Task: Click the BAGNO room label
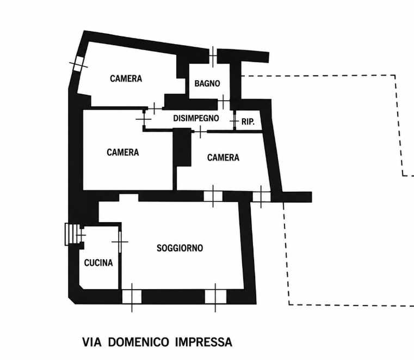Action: click(x=207, y=83)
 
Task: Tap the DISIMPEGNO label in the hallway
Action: click(x=196, y=118)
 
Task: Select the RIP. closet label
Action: click(x=248, y=121)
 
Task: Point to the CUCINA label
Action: click(x=98, y=263)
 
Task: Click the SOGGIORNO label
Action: click(x=180, y=248)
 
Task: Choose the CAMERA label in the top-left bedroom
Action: click(x=126, y=78)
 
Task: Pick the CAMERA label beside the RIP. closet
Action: click(x=223, y=157)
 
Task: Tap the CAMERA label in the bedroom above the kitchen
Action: click(x=123, y=152)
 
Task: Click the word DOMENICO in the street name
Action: click(x=138, y=342)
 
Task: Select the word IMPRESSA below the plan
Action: click(x=203, y=342)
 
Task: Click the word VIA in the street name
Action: click(x=92, y=342)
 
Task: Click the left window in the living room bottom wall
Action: click(x=132, y=297)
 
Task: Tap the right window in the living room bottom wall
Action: click(x=215, y=297)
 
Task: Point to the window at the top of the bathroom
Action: click(x=213, y=56)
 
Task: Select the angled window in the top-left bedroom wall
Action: click(x=78, y=64)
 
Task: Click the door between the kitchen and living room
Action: click(x=120, y=242)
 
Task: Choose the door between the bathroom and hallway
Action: click(x=224, y=101)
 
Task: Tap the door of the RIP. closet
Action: click(x=234, y=121)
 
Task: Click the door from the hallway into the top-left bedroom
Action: click(x=155, y=108)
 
